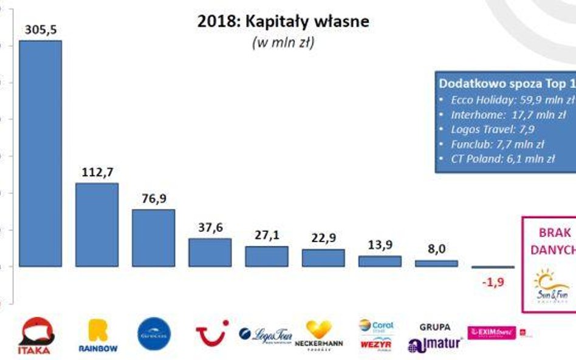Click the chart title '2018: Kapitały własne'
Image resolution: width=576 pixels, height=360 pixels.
[283, 22]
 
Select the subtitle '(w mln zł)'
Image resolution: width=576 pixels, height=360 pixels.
[283, 43]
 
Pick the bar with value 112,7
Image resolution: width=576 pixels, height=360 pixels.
[97, 225]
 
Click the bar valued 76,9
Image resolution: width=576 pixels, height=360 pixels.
[153, 238]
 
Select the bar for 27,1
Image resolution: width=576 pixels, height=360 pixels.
[266, 256]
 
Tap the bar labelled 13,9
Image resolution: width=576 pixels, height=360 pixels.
[379, 261]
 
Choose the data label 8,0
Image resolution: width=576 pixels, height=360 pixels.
[436, 248]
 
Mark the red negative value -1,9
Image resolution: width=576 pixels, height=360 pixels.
[492, 282]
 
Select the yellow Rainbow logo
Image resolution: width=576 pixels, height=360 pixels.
[98, 336]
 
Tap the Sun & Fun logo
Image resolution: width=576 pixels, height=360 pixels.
[551, 286]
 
